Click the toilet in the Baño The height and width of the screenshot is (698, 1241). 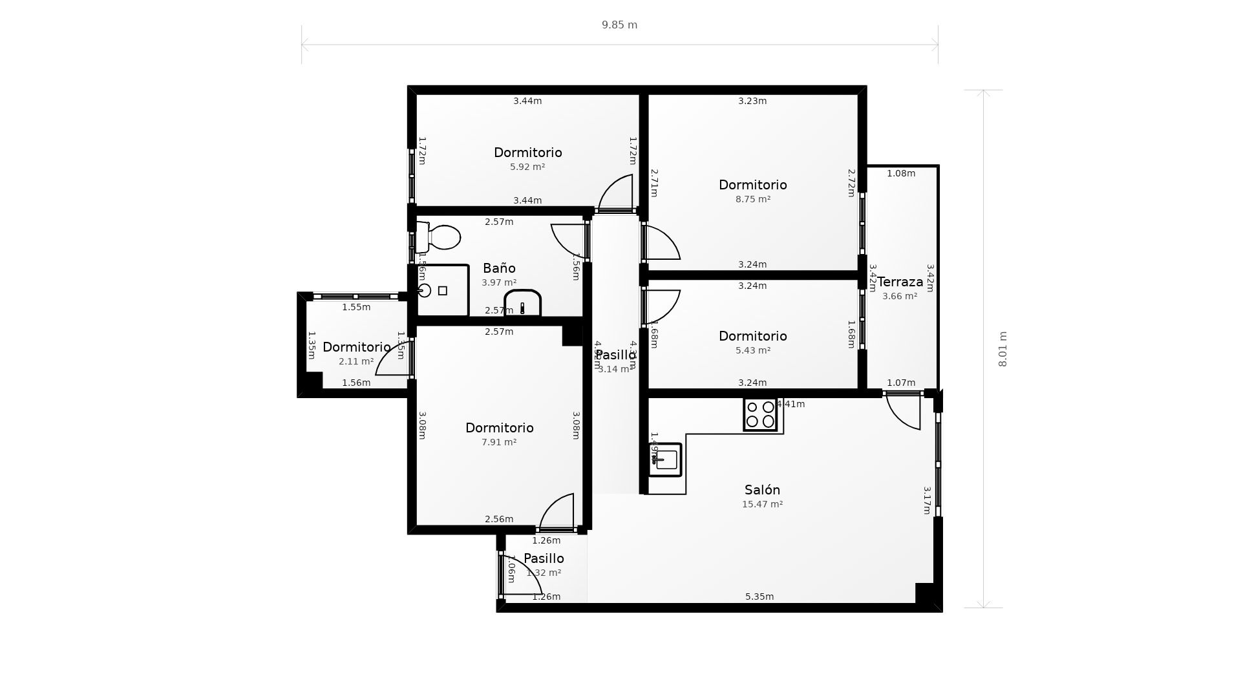coord(441,238)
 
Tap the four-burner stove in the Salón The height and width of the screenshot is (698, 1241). coord(760,414)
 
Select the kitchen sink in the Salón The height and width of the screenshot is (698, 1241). coord(665,460)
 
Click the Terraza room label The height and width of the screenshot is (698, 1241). coord(900,282)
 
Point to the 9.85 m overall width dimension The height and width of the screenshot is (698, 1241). coord(619,25)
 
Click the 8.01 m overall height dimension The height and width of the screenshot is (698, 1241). coord(1002,349)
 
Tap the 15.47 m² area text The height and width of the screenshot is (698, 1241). coord(762,504)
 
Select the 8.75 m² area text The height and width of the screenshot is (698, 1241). coord(752,199)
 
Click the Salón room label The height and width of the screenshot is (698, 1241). coord(762,490)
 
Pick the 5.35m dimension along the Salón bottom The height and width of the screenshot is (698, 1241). coord(759,597)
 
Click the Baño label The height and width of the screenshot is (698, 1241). coord(499,268)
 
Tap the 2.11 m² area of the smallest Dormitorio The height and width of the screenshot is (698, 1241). coord(356,361)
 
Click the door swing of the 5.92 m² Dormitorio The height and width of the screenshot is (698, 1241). coord(617,192)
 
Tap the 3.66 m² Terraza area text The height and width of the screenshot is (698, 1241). coord(900,296)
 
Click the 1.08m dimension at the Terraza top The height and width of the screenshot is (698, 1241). coord(900,173)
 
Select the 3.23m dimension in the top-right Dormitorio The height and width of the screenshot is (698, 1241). coord(752,101)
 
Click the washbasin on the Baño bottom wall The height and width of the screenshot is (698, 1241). coord(522,303)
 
